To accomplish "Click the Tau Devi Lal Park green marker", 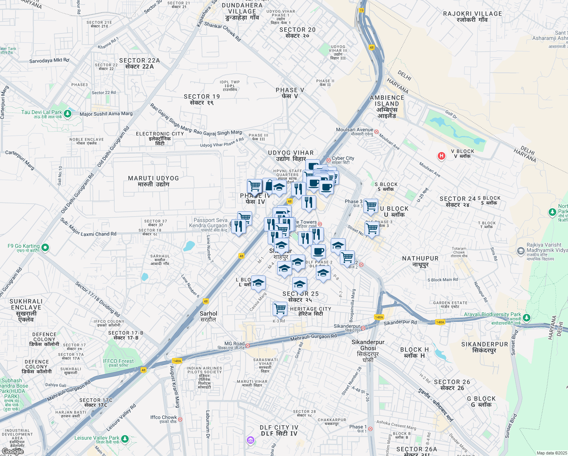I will (x=68, y=114).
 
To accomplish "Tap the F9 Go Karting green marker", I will (x=45, y=248).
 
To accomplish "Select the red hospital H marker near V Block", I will (x=441, y=156).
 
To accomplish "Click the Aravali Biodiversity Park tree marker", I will (x=526, y=317).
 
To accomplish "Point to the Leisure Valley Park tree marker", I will (x=125, y=439).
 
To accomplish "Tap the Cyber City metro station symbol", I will (x=328, y=160).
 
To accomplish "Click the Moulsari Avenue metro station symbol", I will (x=376, y=132).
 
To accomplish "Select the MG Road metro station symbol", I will (x=248, y=345).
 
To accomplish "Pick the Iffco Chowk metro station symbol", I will (x=180, y=420).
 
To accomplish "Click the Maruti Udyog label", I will (x=153, y=181).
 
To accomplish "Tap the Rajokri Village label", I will (x=472, y=16).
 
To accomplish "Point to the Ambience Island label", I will (x=387, y=106).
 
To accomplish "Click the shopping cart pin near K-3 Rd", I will (x=280, y=309).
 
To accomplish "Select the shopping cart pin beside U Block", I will (x=371, y=206).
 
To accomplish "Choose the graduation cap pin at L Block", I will (x=258, y=283).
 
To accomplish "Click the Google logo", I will (x=13, y=451).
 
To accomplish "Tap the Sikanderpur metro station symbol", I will (x=363, y=328).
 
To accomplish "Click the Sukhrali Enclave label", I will (x=26, y=310).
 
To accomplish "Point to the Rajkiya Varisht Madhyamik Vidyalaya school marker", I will (x=521, y=251).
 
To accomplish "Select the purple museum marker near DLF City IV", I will (x=250, y=440).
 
